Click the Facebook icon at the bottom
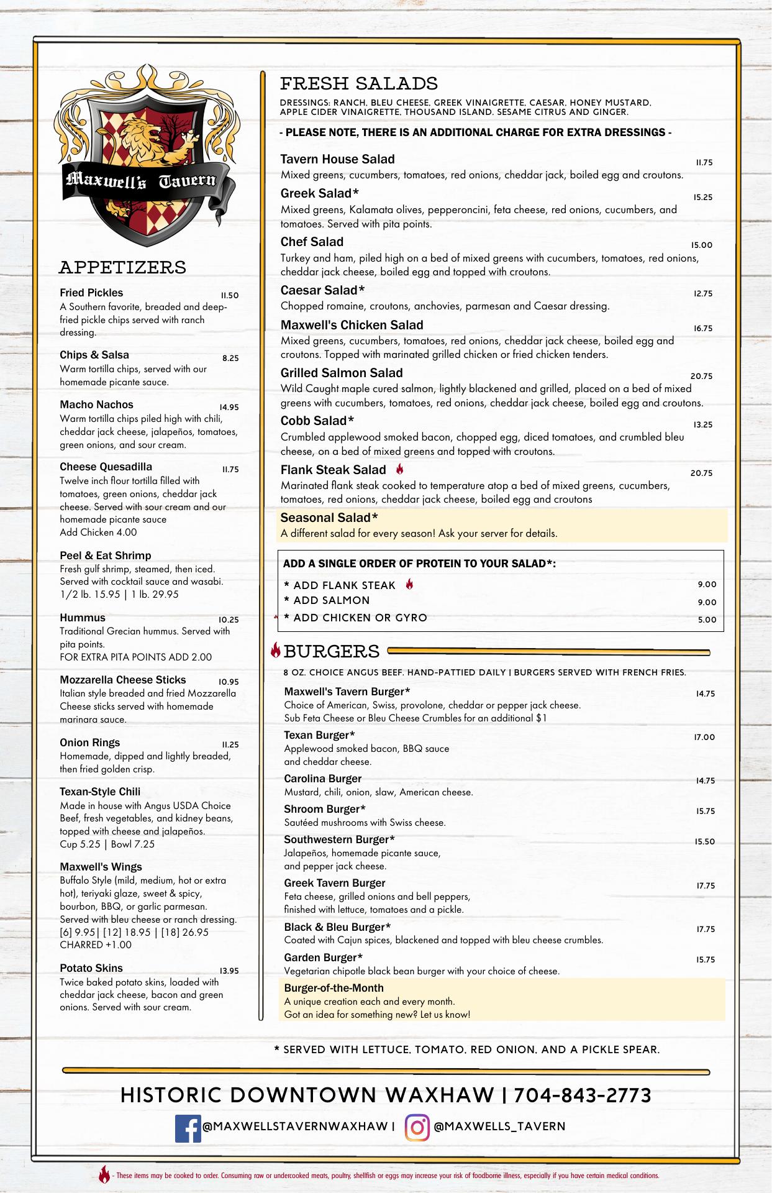click(x=188, y=1129)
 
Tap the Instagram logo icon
click(x=417, y=1128)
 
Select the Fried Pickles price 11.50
click(x=229, y=296)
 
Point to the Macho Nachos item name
click(x=96, y=405)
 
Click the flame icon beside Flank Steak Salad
click(x=400, y=469)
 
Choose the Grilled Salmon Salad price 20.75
click(x=701, y=377)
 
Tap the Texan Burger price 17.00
click(x=704, y=738)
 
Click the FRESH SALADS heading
click(x=359, y=84)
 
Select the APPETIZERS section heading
click(x=122, y=268)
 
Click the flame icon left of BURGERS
click(x=276, y=651)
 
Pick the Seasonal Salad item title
click(x=329, y=518)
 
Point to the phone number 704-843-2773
click(x=583, y=1095)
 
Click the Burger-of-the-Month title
click(x=334, y=988)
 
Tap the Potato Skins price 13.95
click(x=229, y=971)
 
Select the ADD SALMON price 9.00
click(x=707, y=602)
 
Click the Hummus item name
click(x=83, y=618)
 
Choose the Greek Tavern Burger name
click(x=334, y=883)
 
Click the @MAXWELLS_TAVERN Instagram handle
click(x=499, y=1127)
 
